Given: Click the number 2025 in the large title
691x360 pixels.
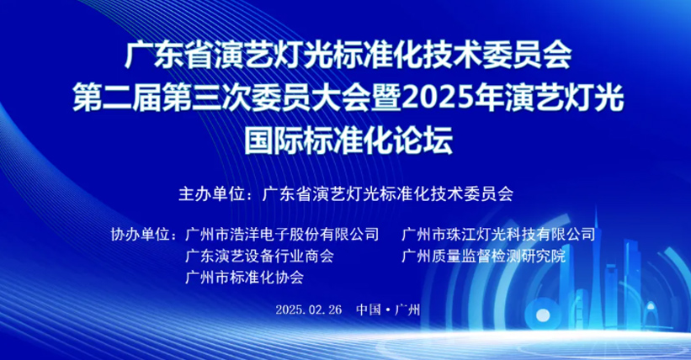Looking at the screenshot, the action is coord(434,98).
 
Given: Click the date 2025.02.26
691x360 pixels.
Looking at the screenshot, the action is coord(309,310).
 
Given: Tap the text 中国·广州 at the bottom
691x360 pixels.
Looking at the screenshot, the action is coord(388,310).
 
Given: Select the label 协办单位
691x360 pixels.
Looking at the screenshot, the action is coord(140,235).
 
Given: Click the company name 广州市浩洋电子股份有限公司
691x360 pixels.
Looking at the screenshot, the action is coord(282,235).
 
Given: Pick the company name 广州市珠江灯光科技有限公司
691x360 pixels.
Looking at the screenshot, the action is coord(498,235).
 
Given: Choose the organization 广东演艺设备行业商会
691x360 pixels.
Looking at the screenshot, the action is coord(259,256).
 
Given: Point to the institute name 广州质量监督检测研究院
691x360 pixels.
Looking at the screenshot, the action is coord(483,256).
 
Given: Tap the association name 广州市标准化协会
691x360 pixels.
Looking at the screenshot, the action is coord(245,278).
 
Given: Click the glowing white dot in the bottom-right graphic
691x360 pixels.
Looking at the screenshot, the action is coord(543,315).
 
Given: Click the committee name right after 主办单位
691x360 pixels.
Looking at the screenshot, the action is coord(388,193).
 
